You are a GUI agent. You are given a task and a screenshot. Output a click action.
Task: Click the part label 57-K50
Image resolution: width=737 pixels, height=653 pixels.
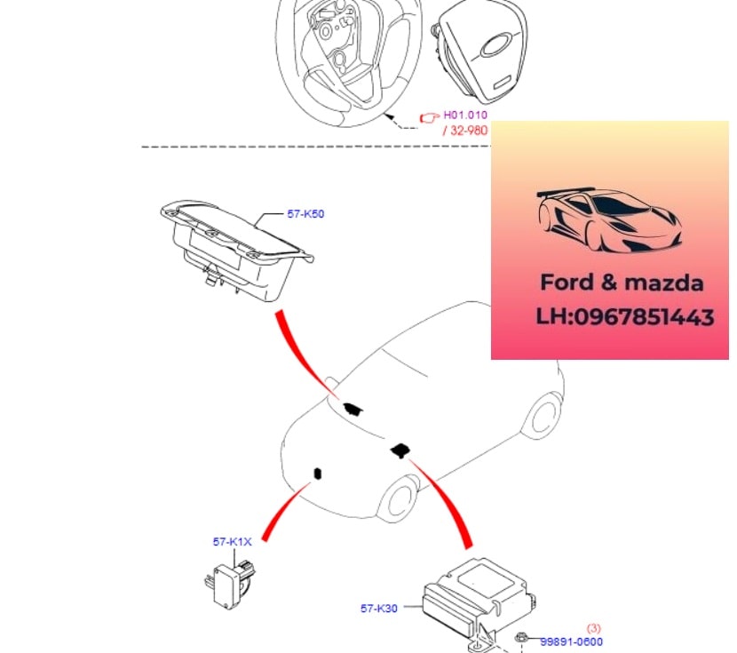305,214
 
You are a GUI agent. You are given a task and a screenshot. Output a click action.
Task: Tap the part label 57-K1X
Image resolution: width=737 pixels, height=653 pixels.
232,541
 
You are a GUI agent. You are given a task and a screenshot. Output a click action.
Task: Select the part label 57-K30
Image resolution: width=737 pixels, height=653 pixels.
378,609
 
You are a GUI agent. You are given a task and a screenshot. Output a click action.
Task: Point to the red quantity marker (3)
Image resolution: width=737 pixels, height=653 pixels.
594,628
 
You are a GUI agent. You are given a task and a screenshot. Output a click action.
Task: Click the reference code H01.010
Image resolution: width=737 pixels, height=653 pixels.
465,115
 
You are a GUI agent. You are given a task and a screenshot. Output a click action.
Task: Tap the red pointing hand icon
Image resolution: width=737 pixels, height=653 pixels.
430,116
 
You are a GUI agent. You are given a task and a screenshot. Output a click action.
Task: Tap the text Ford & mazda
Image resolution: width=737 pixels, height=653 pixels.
622,283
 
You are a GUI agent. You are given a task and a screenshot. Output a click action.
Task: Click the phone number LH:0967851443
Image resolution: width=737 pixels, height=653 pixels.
625,317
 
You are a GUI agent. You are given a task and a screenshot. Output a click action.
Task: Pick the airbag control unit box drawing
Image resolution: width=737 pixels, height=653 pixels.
471,597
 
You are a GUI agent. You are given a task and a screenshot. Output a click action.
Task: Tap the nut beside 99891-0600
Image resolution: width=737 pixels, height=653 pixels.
522,638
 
